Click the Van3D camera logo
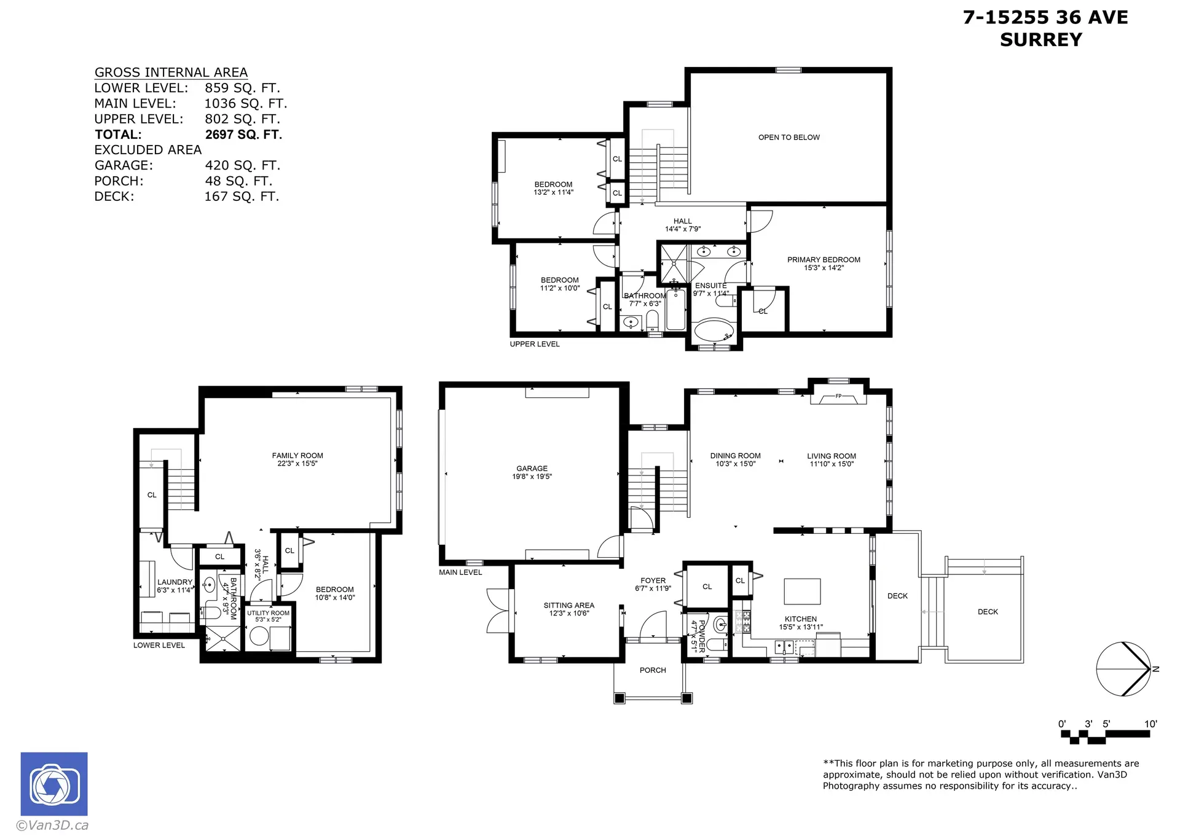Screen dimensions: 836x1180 [54, 784]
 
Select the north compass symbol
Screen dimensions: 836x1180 [1123, 669]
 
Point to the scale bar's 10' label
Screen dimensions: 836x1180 [1150, 724]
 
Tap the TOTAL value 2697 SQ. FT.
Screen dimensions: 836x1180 [243, 135]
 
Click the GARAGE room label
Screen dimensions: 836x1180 [532, 468]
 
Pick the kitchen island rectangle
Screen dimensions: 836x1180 [802, 592]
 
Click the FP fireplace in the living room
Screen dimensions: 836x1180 [838, 398]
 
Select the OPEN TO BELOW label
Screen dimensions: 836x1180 [789, 137]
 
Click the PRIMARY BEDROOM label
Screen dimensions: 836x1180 [824, 260]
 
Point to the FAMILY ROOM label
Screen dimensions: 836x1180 [297, 456]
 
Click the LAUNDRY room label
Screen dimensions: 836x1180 [175, 582]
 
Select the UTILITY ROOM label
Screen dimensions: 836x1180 [268, 613]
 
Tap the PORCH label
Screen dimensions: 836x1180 [653, 670]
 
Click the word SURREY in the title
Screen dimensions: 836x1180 [1040, 39]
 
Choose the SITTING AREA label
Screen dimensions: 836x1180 [568, 605]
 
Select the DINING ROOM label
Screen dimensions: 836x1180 [735, 456]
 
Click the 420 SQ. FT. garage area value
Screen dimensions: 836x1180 [242, 165]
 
